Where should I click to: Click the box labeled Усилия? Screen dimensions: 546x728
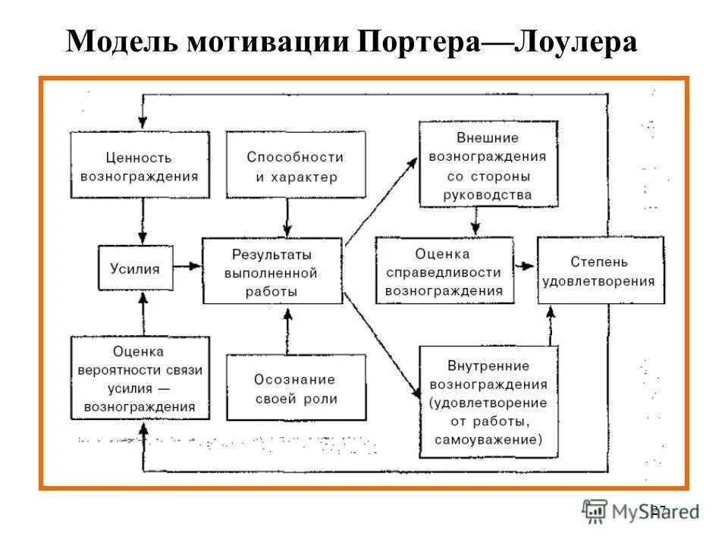click(x=135, y=268)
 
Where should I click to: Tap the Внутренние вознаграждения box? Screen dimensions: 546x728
click(x=488, y=400)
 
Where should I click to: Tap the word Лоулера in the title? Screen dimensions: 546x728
click(x=576, y=42)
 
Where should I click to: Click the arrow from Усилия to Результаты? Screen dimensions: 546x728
click(x=187, y=267)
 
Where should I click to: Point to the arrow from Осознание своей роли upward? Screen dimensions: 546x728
click(x=286, y=329)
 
